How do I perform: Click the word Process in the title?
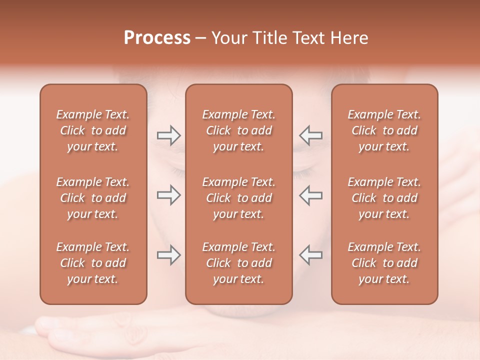157,38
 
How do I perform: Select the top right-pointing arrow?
168,135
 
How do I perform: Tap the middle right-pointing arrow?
168,195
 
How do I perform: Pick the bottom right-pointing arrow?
168,255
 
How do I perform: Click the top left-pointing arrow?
311,135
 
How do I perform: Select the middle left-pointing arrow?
311,195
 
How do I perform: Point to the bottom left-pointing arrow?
311,255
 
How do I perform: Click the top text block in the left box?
93,130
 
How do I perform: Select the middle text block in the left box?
93,198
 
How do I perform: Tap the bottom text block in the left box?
93,263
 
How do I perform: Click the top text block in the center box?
239,130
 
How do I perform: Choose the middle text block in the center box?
239,198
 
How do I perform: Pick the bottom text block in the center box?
239,263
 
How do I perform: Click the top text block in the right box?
384,130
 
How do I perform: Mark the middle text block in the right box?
384,198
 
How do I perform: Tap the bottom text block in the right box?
384,263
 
